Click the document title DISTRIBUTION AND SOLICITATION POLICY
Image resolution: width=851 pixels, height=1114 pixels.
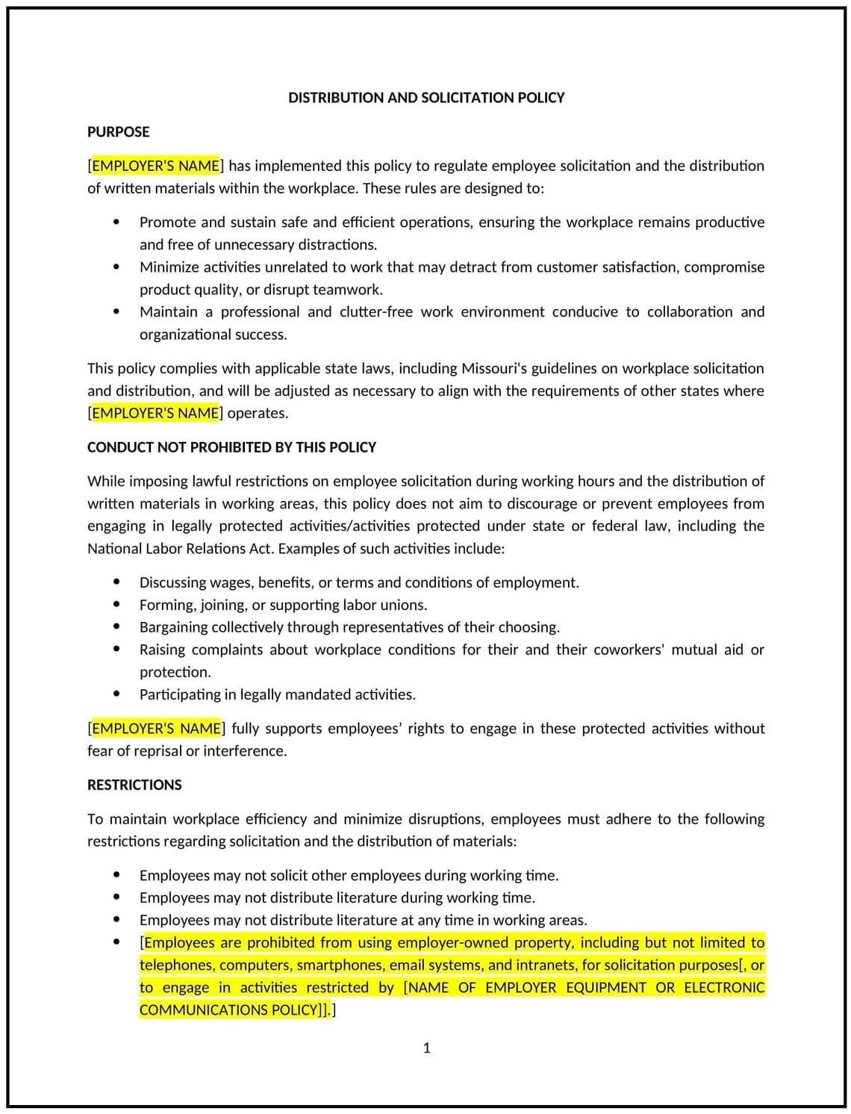click(x=426, y=98)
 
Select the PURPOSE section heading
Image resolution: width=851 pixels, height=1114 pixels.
click(x=118, y=132)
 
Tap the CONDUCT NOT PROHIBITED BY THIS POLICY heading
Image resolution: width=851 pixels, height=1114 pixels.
click(x=231, y=447)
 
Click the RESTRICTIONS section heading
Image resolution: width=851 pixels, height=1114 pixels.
click(x=134, y=785)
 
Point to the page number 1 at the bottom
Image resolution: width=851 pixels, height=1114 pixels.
click(x=426, y=1048)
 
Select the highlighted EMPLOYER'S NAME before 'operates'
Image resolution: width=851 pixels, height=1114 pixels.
click(x=155, y=413)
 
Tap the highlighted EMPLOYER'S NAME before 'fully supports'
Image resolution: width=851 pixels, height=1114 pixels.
click(x=155, y=728)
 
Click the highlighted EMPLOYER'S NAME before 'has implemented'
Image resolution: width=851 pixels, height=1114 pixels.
click(x=155, y=166)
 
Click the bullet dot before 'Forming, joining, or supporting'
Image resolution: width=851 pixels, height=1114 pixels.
click(x=116, y=604)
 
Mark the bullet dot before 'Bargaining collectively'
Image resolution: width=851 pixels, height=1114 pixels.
click(x=116, y=626)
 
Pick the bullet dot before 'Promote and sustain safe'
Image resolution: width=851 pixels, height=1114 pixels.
click(x=116, y=222)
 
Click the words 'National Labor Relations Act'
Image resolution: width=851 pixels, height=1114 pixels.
click(x=180, y=549)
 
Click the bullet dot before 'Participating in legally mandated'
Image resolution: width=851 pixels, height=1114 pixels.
click(x=116, y=694)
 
